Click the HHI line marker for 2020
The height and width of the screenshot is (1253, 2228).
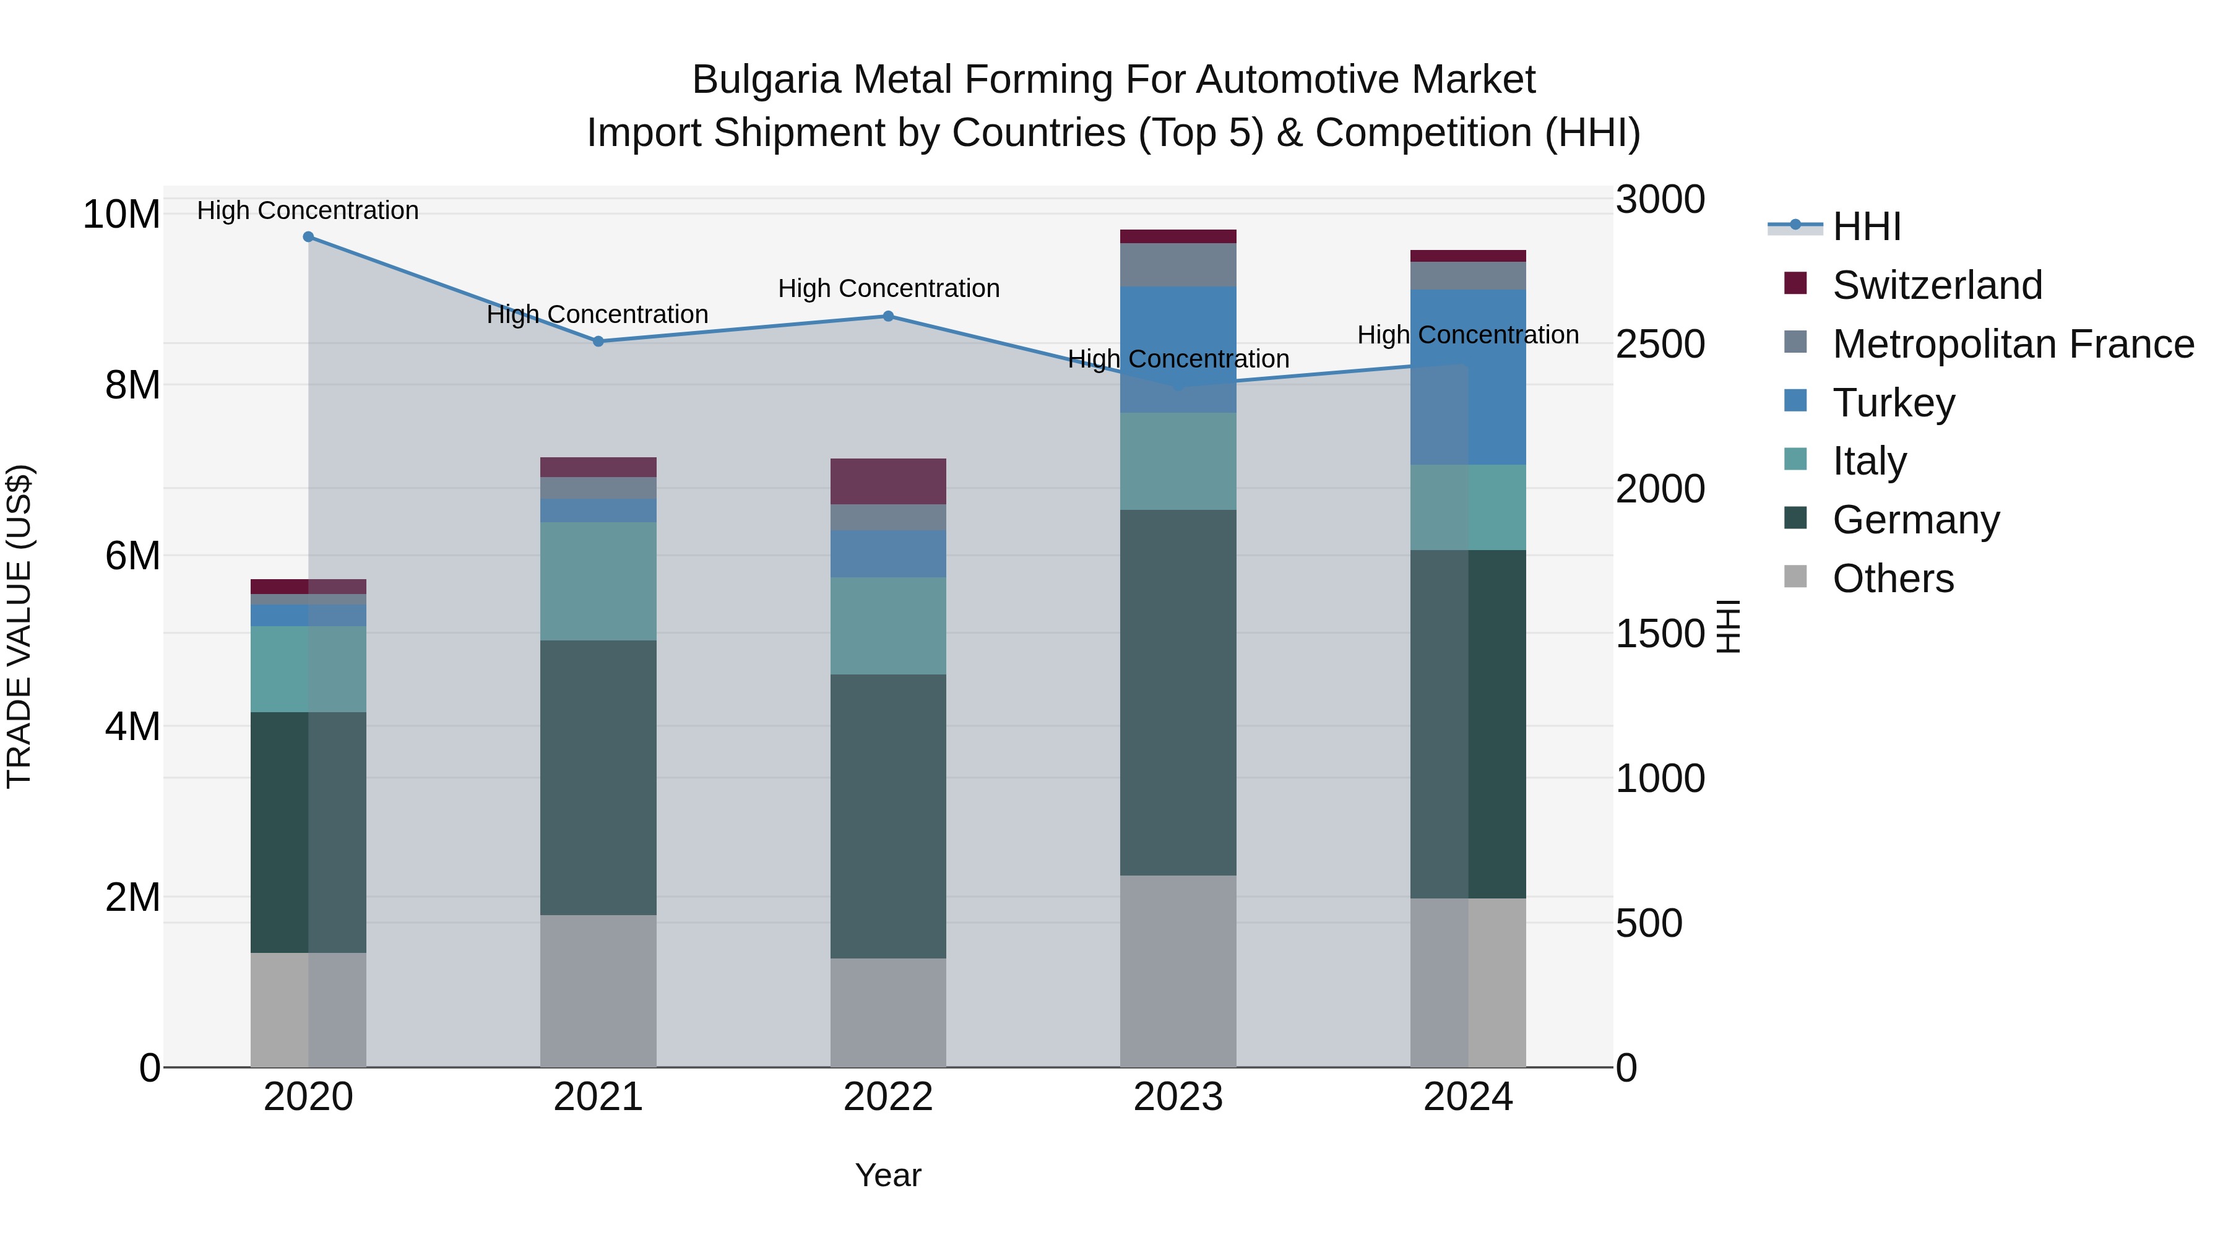click(308, 237)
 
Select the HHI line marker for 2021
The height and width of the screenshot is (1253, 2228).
click(598, 342)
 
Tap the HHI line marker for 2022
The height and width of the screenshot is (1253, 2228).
click(888, 316)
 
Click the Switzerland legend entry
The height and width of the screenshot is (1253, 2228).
click(1937, 285)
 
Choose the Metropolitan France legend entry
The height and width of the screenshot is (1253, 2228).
click(2013, 344)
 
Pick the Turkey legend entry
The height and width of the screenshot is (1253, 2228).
click(1893, 403)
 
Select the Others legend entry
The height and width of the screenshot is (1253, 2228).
click(1893, 579)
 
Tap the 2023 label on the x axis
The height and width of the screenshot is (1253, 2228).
click(1178, 1097)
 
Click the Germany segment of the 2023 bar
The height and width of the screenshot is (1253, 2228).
click(1178, 692)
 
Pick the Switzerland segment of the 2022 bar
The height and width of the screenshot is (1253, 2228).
click(888, 481)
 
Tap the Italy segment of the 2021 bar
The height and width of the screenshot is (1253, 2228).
click(598, 581)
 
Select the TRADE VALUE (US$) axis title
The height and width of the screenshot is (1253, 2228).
click(19, 626)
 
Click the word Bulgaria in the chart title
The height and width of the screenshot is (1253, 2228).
click(766, 80)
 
